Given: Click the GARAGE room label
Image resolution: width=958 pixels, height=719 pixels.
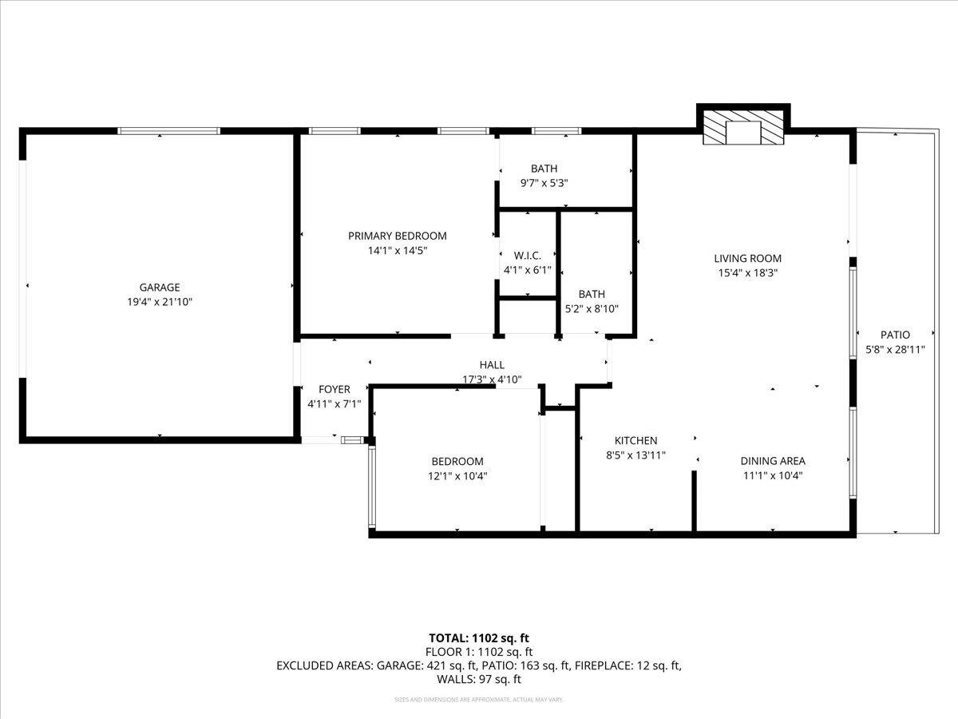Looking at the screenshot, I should click(x=160, y=288).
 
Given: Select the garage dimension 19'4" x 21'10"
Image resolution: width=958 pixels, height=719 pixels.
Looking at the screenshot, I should click(x=160, y=302).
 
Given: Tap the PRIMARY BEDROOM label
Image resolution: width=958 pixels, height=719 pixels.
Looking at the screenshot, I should click(x=397, y=236).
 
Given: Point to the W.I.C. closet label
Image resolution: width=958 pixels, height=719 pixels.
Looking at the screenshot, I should click(x=528, y=256).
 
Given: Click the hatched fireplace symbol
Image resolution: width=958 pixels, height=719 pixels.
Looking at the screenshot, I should click(x=743, y=129).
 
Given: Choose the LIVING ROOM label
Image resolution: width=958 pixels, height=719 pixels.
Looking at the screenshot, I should click(x=747, y=258).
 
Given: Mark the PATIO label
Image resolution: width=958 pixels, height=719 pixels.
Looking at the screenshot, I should click(x=895, y=335).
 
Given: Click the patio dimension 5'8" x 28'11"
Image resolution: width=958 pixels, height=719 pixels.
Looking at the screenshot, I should click(x=895, y=349).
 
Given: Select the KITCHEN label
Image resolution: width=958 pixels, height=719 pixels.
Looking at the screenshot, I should click(x=635, y=440).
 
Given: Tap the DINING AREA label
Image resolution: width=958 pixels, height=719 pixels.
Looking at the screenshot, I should click(x=772, y=461).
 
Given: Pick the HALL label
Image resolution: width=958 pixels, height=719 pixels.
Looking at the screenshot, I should click(x=492, y=365).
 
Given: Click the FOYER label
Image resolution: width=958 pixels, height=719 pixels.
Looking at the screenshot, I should click(x=335, y=390).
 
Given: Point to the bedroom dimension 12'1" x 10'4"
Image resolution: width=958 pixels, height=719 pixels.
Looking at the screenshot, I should click(x=457, y=476).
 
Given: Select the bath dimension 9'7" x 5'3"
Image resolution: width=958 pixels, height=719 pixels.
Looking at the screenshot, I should click(x=544, y=183).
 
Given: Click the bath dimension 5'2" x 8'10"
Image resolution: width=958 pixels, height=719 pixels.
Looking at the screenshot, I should click(x=592, y=308).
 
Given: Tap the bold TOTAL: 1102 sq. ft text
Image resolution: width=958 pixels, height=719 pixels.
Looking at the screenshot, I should click(x=479, y=638).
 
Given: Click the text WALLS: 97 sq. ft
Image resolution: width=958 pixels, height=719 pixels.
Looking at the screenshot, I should click(x=479, y=680).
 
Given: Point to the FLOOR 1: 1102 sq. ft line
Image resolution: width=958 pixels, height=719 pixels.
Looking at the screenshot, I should click(x=479, y=651).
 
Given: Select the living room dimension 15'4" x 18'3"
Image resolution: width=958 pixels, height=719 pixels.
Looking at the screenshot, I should click(x=747, y=272).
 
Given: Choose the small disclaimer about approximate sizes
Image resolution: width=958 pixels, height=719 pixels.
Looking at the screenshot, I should click(x=479, y=700).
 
